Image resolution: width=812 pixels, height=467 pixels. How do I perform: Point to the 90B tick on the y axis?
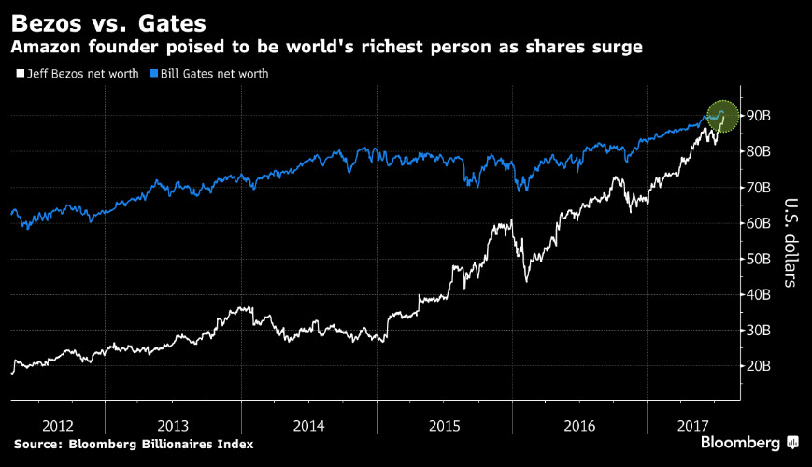tap(758, 116)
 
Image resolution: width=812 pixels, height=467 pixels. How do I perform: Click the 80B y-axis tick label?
tap(758, 151)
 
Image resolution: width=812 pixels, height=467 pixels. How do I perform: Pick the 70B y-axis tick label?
tap(758, 188)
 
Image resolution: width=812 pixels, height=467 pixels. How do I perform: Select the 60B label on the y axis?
tap(758, 223)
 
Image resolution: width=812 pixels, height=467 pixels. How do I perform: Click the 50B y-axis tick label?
tap(758, 259)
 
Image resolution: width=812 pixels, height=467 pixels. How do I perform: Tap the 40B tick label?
tap(758, 295)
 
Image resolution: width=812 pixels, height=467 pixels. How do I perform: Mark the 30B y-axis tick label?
tap(758, 331)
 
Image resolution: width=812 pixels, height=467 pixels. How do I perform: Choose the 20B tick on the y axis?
tap(758, 366)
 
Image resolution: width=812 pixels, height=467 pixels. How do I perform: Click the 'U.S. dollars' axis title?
tap(790, 242)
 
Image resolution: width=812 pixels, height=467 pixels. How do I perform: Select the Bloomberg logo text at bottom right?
tap(741, 442)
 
